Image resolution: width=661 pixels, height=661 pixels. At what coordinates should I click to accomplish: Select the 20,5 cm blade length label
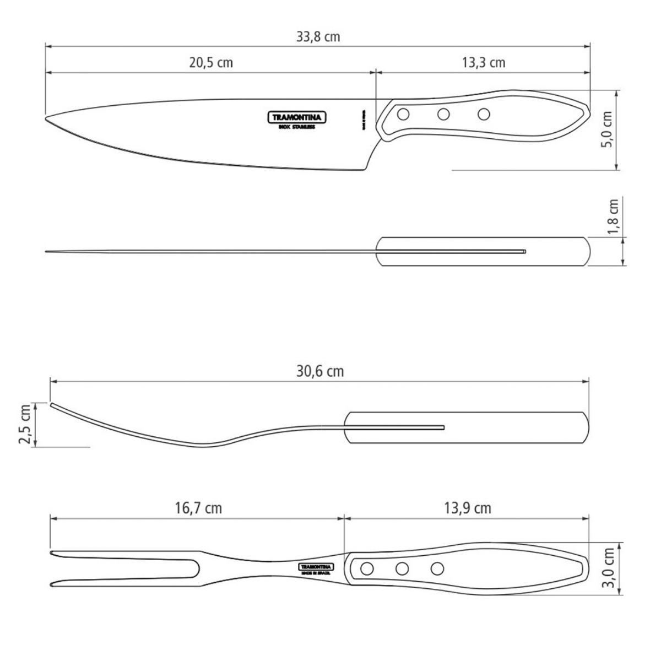coord(211,62)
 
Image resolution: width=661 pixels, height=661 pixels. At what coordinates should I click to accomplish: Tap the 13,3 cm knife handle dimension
coord(483,62)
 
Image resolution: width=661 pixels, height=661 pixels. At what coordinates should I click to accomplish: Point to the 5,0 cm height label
coord(608,129)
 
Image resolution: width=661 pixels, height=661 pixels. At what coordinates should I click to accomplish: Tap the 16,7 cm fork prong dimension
coord(199,507)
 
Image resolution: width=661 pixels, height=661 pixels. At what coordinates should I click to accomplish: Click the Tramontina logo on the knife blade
coord(297,117)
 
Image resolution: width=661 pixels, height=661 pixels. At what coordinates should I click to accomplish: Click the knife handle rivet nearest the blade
coord(403,115)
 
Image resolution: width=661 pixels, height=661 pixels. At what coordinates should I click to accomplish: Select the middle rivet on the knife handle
coord(443,115)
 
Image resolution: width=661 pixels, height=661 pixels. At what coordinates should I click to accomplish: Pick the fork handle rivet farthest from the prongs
coord(437,567)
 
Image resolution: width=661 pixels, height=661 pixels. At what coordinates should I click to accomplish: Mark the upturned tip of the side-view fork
coord(52,405)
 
